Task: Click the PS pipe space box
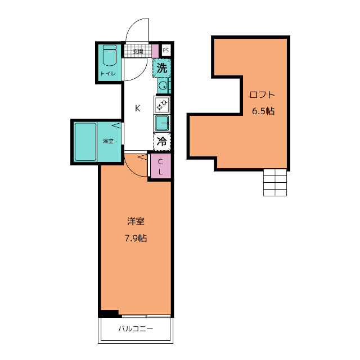(166, 50)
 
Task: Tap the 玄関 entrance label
(138, 51)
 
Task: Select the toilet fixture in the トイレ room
(110, 55)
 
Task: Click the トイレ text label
(108, 74)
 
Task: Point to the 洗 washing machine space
(162, 68)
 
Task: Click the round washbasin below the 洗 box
(163, 86)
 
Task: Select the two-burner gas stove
(162, 105)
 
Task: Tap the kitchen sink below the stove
(162, 123)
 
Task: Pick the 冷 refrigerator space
(162, 142)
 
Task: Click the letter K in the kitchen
(137, 108)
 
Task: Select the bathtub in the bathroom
(85, 142)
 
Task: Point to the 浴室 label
(108, 141)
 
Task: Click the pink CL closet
(160, 166)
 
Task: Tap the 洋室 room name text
(136, 221)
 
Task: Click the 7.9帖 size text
(136, 238)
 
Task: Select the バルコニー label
(136, 328)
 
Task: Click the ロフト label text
(262, 94)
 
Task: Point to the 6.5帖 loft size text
(263, 111)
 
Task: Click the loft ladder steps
(275, 182)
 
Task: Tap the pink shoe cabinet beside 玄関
(155, 51)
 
